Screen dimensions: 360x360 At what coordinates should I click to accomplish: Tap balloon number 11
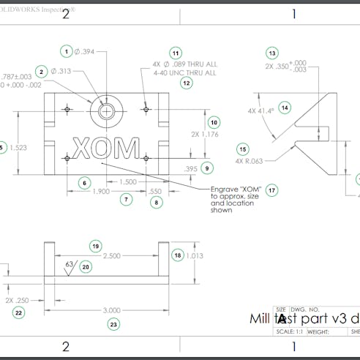(175, 53)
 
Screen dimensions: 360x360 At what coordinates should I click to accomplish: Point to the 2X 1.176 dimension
(204, 134)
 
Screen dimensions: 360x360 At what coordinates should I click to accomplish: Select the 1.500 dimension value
(127, 181)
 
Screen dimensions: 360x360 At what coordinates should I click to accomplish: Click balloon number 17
(272, 190)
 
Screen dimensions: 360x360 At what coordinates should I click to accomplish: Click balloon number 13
(272, 53)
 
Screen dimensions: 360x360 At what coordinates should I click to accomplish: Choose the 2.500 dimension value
(111, 256)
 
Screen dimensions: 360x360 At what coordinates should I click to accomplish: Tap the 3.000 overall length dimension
(113, 310)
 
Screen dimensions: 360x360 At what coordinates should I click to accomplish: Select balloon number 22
(19, 312)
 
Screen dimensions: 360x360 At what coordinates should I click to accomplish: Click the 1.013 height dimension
(194, 255)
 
